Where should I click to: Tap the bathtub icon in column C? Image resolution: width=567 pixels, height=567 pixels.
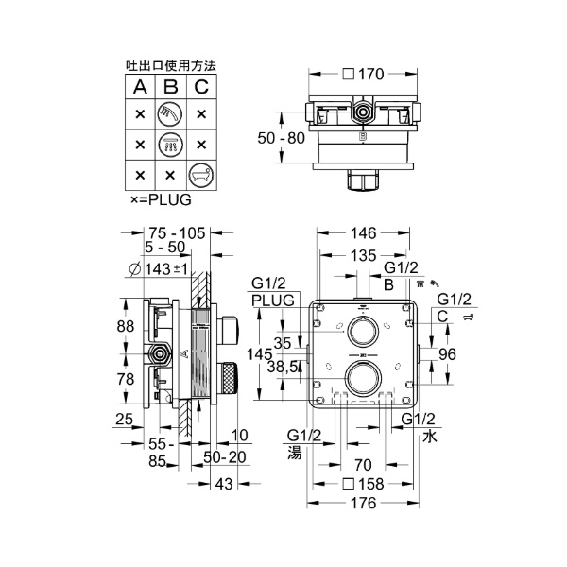pos(200,175)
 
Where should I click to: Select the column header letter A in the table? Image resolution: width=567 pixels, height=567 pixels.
pos(140,88)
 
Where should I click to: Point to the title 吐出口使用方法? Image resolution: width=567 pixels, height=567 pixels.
pos(171,66)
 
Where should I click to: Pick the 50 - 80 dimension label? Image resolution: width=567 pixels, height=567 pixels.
pos(283,138)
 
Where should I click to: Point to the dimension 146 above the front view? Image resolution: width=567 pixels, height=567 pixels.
pos(362,233)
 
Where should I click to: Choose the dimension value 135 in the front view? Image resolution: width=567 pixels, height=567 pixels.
pos(362,255)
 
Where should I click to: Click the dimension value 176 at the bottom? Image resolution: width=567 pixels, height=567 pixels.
pos(362,503)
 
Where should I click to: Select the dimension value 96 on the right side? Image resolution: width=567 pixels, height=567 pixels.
pos(447,355)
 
